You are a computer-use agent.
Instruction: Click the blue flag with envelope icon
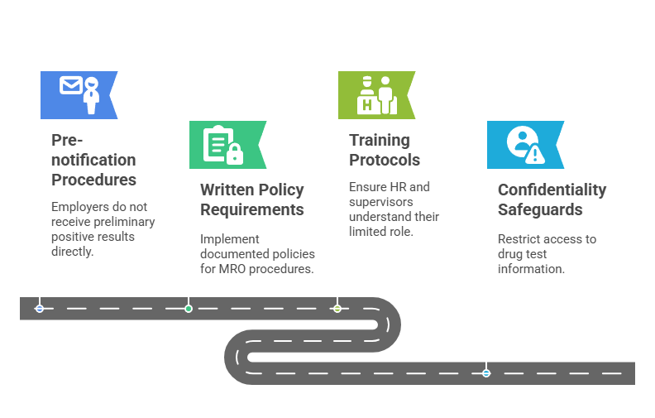tap(79, 94)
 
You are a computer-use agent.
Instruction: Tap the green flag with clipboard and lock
tap(227, 145)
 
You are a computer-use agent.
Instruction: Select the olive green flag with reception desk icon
tap(375, 94)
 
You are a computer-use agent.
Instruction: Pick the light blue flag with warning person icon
tap(524, 145)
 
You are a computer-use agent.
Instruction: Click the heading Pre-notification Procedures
tap(93, 160)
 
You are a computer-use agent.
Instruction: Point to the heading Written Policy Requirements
tap(251, 199)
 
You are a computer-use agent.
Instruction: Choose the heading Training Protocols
tap(385, 150)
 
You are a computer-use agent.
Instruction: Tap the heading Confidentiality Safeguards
tap(552, 199)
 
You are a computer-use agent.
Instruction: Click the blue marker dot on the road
tap(40, 308)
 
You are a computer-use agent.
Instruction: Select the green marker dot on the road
tap(189, 308)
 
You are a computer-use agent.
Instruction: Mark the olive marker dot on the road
tap(337, 308)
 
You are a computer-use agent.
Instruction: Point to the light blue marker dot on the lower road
tap(486, 373)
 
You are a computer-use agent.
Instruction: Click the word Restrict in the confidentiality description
tap(518, 239)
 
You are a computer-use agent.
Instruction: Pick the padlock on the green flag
tap(235, 153)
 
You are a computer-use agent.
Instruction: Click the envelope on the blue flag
tap(70, 85)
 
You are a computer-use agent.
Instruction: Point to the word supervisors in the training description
tap(380, 202)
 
